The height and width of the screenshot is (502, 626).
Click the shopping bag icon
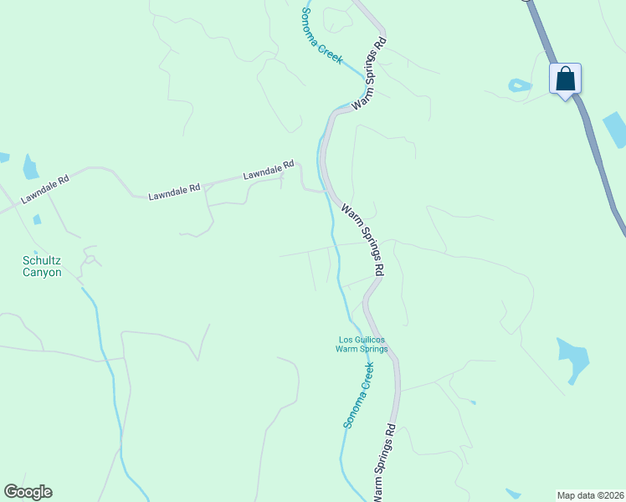pyautogui.click(x=565, y=79)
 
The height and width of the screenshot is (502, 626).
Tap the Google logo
pyautogui.click(x=28, y=492)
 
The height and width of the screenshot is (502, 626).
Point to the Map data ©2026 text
pyautogui.click(x=591, y=495)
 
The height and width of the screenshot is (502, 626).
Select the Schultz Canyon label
pyautogui.click(x=42, y=266)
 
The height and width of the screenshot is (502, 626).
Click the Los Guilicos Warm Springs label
pyautogui.click(x=363, y=344)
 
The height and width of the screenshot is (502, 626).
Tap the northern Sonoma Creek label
pyautogui.click(x=322, y=32)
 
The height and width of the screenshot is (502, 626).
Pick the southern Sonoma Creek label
pyautogui.click(x=357, y=395)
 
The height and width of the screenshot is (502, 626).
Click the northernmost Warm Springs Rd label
pyautogui.click(x=369, y=74)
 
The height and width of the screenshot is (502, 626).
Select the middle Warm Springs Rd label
pyautogui.click(x=362, y=238)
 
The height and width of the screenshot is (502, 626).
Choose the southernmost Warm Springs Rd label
pyautogui.click(x=383, y=463)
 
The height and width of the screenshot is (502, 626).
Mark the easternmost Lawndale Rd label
pyautogui.click(x=269, y=171)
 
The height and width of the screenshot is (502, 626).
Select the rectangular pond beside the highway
pyautogui.click(x=613, y=130)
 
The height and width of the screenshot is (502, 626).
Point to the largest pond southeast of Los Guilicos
pyautogui.click(x=573, y=358)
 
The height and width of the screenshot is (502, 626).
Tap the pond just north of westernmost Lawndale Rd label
pyautogui.click(x=31, y=167)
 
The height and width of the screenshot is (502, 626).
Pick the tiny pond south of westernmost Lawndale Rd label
pyautogui.click(x=37, y=220)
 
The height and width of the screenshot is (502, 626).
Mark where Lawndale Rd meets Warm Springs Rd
pyautogui.click(x=325, y=191)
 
